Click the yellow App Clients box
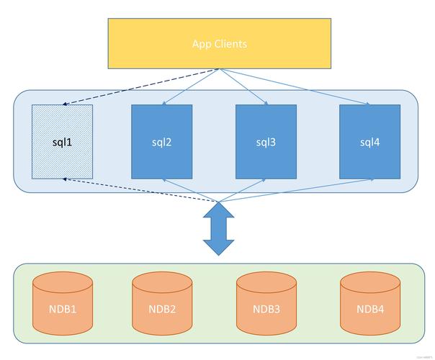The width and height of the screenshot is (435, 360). pyautogui.click(x=219, y=44)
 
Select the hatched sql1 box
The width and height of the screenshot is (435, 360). pyautogui.click(x=63, y=141)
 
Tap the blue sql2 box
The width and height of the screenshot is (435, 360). pyautogui.click(x=162, y=141)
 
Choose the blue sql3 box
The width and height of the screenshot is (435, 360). pyautogui.click(x=266, y=141)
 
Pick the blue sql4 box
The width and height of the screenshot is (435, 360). pyautogui.click(x=369, y=141)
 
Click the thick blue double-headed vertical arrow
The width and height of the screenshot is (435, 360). pyautogui.click(x=219, y=228)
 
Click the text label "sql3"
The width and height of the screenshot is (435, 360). pyautogui.click(x=266, y=142)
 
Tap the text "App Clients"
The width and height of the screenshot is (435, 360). pyautogui.click(x=219, y=44)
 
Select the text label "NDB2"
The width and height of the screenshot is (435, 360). pyautogui.click(x=162, y=310)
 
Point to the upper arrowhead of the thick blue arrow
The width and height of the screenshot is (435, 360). pyautogui.click(x=219, y=210)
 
